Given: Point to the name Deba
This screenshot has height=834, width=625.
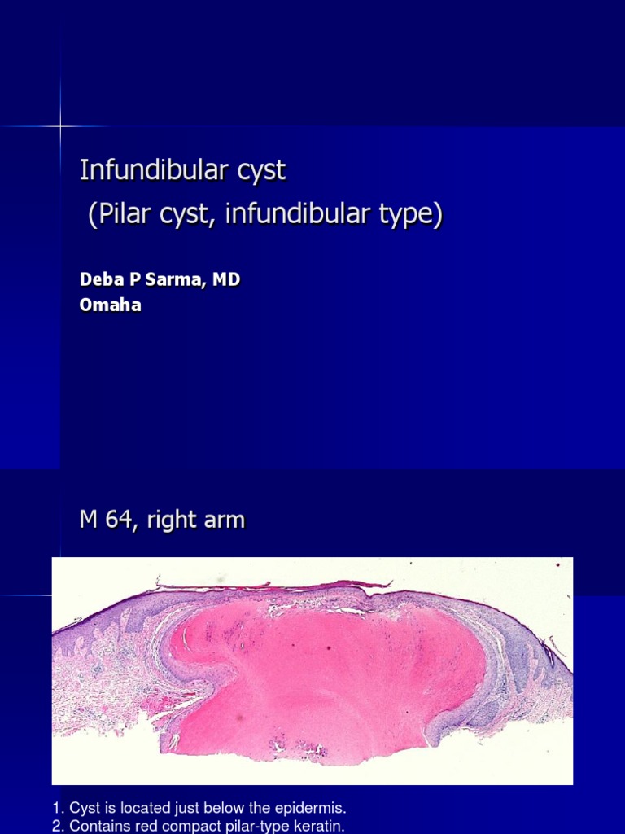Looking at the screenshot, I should point(98,279).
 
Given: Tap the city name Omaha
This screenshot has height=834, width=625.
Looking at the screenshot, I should point(110,305).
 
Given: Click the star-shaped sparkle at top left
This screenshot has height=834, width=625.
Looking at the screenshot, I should point(60,126).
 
